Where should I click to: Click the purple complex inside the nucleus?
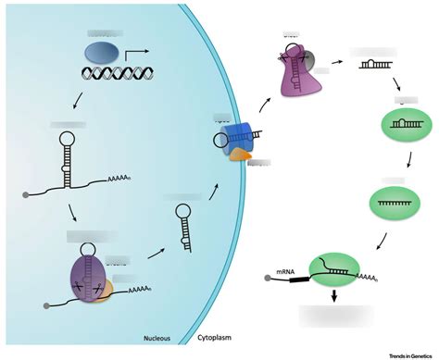pyautogui.click(x=87, y=277)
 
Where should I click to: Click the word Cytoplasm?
pyautogui.click(x=218, y=340)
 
